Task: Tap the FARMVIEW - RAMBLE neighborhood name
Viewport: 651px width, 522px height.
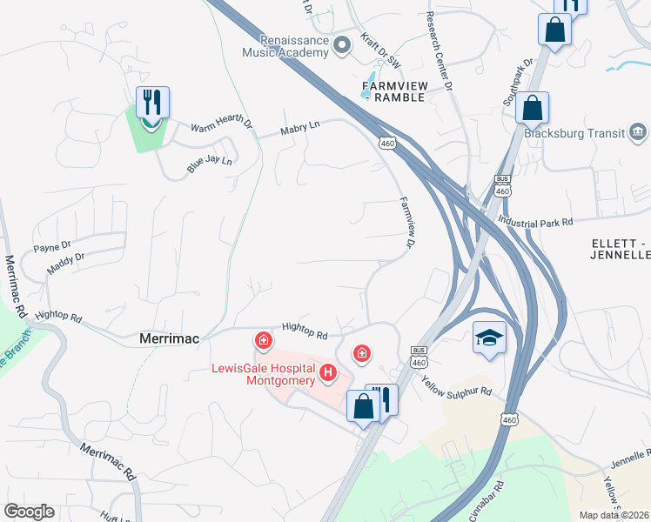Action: [393, 91]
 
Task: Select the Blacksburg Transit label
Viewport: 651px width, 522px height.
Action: [576, 133]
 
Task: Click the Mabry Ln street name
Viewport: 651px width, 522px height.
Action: [300, 129]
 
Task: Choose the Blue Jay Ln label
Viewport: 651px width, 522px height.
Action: [210, 162]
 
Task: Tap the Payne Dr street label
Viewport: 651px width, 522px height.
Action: [52, 246]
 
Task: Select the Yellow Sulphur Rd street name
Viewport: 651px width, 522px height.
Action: [457, 383]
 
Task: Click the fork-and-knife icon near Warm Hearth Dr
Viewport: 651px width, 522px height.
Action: [153, 103]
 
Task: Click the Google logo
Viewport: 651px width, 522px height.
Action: [29, 512]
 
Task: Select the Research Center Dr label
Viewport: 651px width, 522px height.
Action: [440, 52]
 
